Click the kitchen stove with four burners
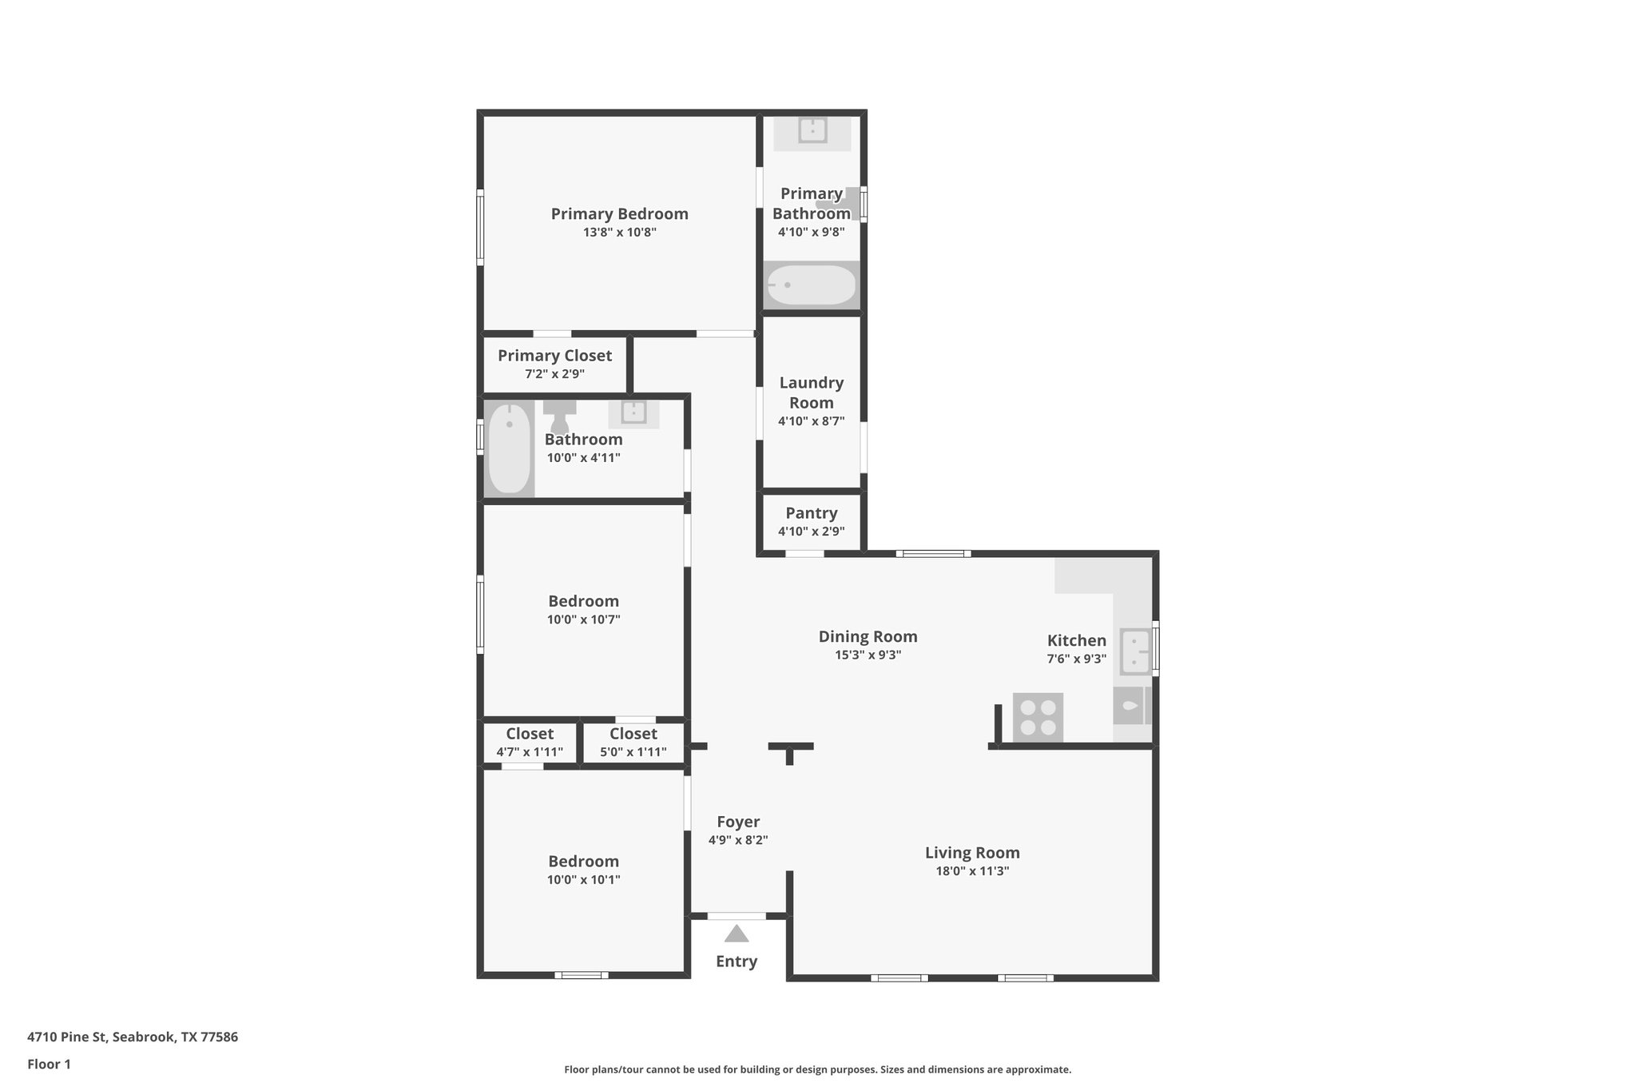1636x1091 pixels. [x=1038, y=717]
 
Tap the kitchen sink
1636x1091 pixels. [x=1135, y=651]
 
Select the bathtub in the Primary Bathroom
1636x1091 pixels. [x=812, y=285]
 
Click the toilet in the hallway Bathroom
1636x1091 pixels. [x=559, y=413]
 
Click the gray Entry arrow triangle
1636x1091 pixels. [x=737, y=934]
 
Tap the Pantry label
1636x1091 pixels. [x=811, y=513]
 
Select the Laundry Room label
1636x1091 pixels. [x=811, y=392]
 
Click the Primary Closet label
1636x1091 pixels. [x=554, y=356]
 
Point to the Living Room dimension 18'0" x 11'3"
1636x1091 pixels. [x=972, y=871]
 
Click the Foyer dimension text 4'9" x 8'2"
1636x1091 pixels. [x=738, y=840]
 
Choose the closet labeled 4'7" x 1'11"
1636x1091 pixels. [x=530, y=743]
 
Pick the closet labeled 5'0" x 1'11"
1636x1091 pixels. [x=633, y=743]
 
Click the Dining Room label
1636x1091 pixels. [x=868, y=636]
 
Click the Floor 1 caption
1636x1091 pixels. [x=50, y=1064]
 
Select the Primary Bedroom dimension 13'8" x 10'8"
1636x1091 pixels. [x=619, y=233]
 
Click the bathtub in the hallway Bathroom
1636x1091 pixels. [x=509, y=448]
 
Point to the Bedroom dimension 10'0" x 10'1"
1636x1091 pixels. [x=583, y=880]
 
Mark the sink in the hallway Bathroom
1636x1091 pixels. [x=633, y=412]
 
